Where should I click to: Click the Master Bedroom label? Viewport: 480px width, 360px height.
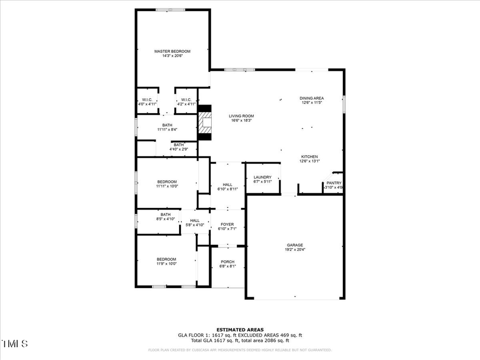172,51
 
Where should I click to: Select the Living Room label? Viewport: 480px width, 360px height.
241,116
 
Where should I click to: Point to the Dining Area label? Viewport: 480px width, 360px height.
311,98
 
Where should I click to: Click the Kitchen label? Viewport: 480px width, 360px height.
309,156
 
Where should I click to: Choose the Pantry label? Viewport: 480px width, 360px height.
334,183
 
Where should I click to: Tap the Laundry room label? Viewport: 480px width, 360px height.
262,177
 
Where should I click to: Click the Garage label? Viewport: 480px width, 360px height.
295,245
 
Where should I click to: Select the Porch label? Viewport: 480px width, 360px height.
228,262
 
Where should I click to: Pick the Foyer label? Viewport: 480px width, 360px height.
227,225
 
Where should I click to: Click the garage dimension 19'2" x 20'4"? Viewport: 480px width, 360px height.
295,249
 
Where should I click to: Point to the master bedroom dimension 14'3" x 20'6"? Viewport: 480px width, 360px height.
172,55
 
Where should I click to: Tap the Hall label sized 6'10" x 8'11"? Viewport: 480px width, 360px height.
227,185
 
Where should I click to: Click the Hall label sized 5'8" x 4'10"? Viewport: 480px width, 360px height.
195,220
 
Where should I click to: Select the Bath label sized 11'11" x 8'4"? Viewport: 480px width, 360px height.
167,125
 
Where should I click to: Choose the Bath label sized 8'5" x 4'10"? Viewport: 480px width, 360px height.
166,214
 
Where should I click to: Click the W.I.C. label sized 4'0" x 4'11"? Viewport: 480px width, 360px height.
147,100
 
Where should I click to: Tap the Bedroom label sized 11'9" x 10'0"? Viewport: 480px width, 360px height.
166,259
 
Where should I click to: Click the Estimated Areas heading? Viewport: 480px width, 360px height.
239,330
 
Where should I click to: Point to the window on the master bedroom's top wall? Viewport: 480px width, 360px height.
171,10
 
